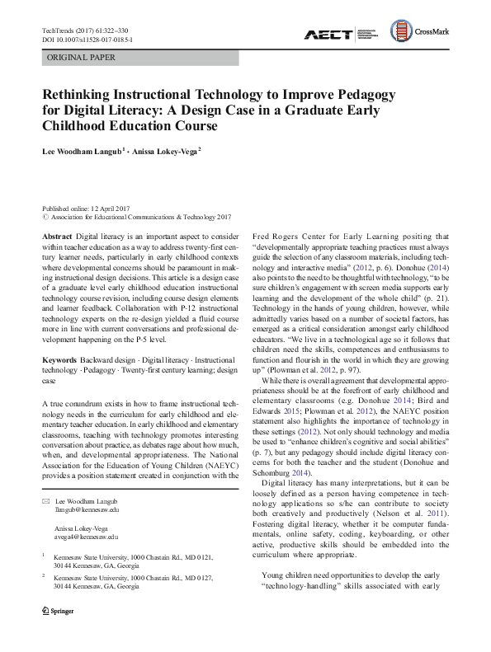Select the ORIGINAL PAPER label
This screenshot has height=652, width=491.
pyautogui.click(x=82, y=58)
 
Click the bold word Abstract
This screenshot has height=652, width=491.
pyautogui.click(x=57, y=235)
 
